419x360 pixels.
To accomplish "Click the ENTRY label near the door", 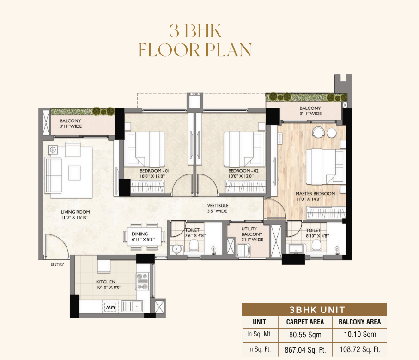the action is (x=57, y=264).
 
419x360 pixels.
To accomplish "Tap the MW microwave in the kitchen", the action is (x=110, y=307).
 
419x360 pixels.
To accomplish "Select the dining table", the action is (x=144, y=236).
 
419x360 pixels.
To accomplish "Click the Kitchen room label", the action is (x=106, y=282).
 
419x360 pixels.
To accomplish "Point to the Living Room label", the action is (x=75, y=212).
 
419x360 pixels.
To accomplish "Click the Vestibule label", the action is (x=218, y=206).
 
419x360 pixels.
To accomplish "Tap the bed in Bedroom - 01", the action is (x=145, y=149).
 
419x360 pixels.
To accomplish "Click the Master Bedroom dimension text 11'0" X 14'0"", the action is (x=309, y=199).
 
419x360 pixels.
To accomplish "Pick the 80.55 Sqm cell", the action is (x=305, y=335).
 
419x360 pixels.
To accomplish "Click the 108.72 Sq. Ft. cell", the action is (x=360, y=349).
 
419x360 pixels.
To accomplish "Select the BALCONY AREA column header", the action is (x=360, y=322).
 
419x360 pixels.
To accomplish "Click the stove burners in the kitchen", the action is (x=143, y=282).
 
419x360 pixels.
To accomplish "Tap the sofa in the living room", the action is (x=53, y=175).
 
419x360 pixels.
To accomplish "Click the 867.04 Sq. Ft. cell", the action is (x=305, y=350).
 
